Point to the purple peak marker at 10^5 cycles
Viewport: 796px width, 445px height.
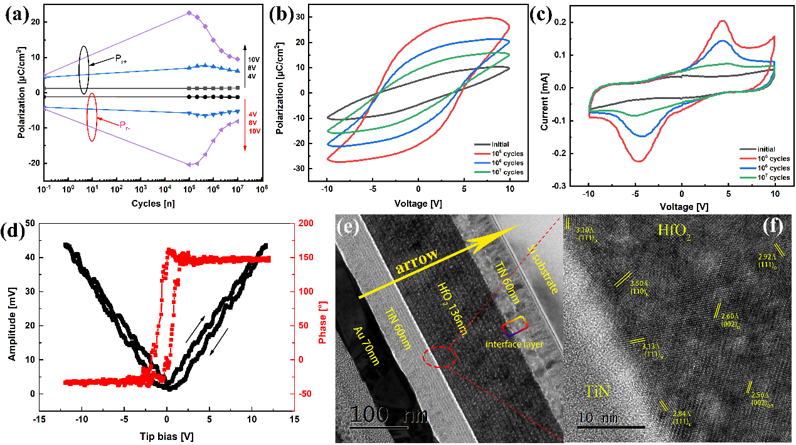(189, 13)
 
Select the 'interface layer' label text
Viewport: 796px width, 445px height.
(512, 344)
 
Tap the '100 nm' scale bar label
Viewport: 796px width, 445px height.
(389, 416)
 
